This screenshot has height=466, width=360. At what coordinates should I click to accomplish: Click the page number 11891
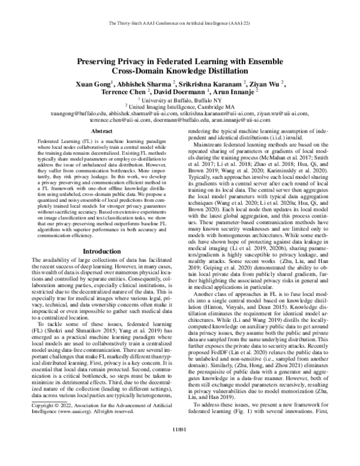coord(179,446)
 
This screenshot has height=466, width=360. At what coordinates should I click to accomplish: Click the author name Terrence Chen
coord(122,94)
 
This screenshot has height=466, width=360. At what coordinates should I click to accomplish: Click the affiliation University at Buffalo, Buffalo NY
coord(181,102)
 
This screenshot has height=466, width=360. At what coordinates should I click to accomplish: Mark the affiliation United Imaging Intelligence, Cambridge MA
coord(181,109)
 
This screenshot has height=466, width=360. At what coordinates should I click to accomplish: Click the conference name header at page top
coord(179,23)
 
